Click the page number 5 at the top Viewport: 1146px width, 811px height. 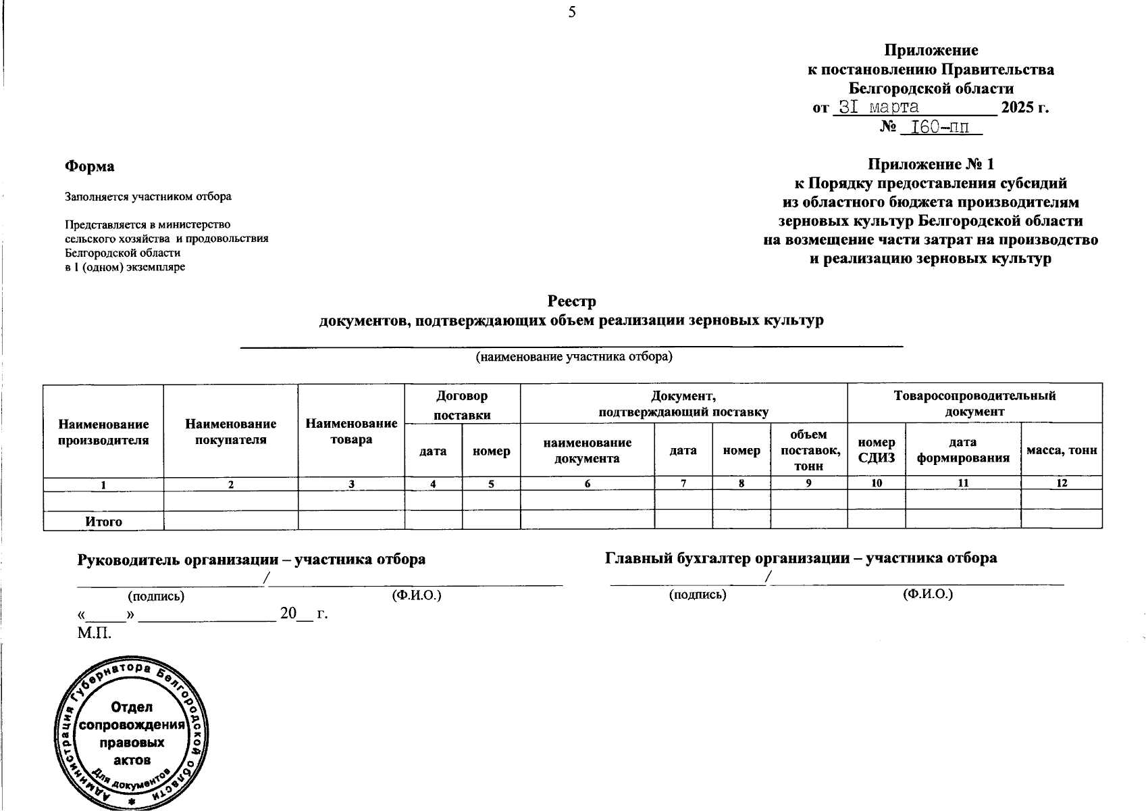pos(572,12)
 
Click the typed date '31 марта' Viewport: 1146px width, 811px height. pos(878,107)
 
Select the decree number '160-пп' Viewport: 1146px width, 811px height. pos(941,127)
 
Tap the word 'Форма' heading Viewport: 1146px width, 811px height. pos(89,166)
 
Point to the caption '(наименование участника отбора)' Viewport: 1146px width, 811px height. pos(574,356)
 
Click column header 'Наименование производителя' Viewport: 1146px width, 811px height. pos(103,432)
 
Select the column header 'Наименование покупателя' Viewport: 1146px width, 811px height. pos(231,432)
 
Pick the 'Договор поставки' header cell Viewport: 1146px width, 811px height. pos(463,405)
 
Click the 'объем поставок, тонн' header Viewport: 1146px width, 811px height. pos(808,450)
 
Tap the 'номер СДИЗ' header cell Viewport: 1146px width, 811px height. pos(876,450)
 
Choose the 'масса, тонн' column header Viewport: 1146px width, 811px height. pos(1062,450)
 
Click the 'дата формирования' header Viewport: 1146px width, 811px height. pos(962,450)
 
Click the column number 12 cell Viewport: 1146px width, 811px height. pos(1062,484)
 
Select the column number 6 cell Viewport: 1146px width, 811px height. pos(587,484)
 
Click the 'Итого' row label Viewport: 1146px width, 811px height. pos(103,521)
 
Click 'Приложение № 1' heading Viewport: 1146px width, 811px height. pos(931,164)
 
